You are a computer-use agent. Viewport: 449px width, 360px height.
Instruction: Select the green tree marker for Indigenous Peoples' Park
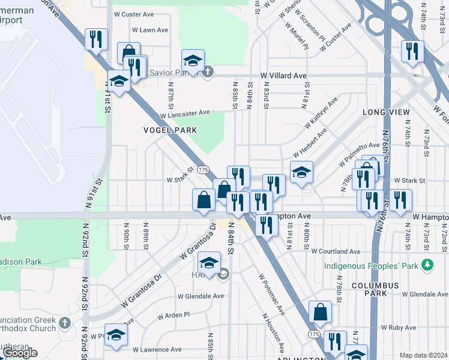click(427, 264)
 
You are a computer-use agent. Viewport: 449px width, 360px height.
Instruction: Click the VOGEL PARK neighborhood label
click(170, 130)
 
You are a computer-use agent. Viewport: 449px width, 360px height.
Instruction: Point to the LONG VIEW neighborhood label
click(386, 112)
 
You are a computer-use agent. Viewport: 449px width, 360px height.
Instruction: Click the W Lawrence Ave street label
click(157, 349)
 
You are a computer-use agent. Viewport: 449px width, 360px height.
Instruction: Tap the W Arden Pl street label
click(173, 315)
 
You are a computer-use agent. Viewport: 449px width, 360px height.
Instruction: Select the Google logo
click(20, 353)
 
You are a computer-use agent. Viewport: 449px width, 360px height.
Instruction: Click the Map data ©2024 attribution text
click(423, 355)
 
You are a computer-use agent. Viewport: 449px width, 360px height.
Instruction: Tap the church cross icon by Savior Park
click(207, 72)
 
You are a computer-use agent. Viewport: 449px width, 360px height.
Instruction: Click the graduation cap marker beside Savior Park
click(193, 61)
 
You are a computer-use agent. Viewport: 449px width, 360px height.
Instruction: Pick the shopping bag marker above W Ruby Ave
click(320, 312)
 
